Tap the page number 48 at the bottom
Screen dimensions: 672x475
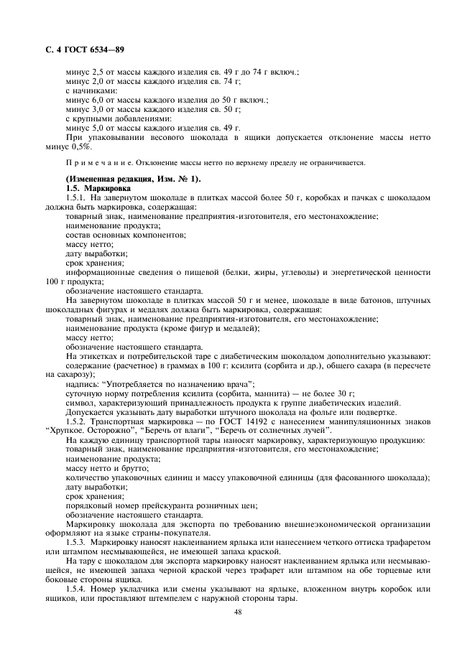click(x=237, y=612)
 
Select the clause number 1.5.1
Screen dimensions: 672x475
click(x=76, y=196)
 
